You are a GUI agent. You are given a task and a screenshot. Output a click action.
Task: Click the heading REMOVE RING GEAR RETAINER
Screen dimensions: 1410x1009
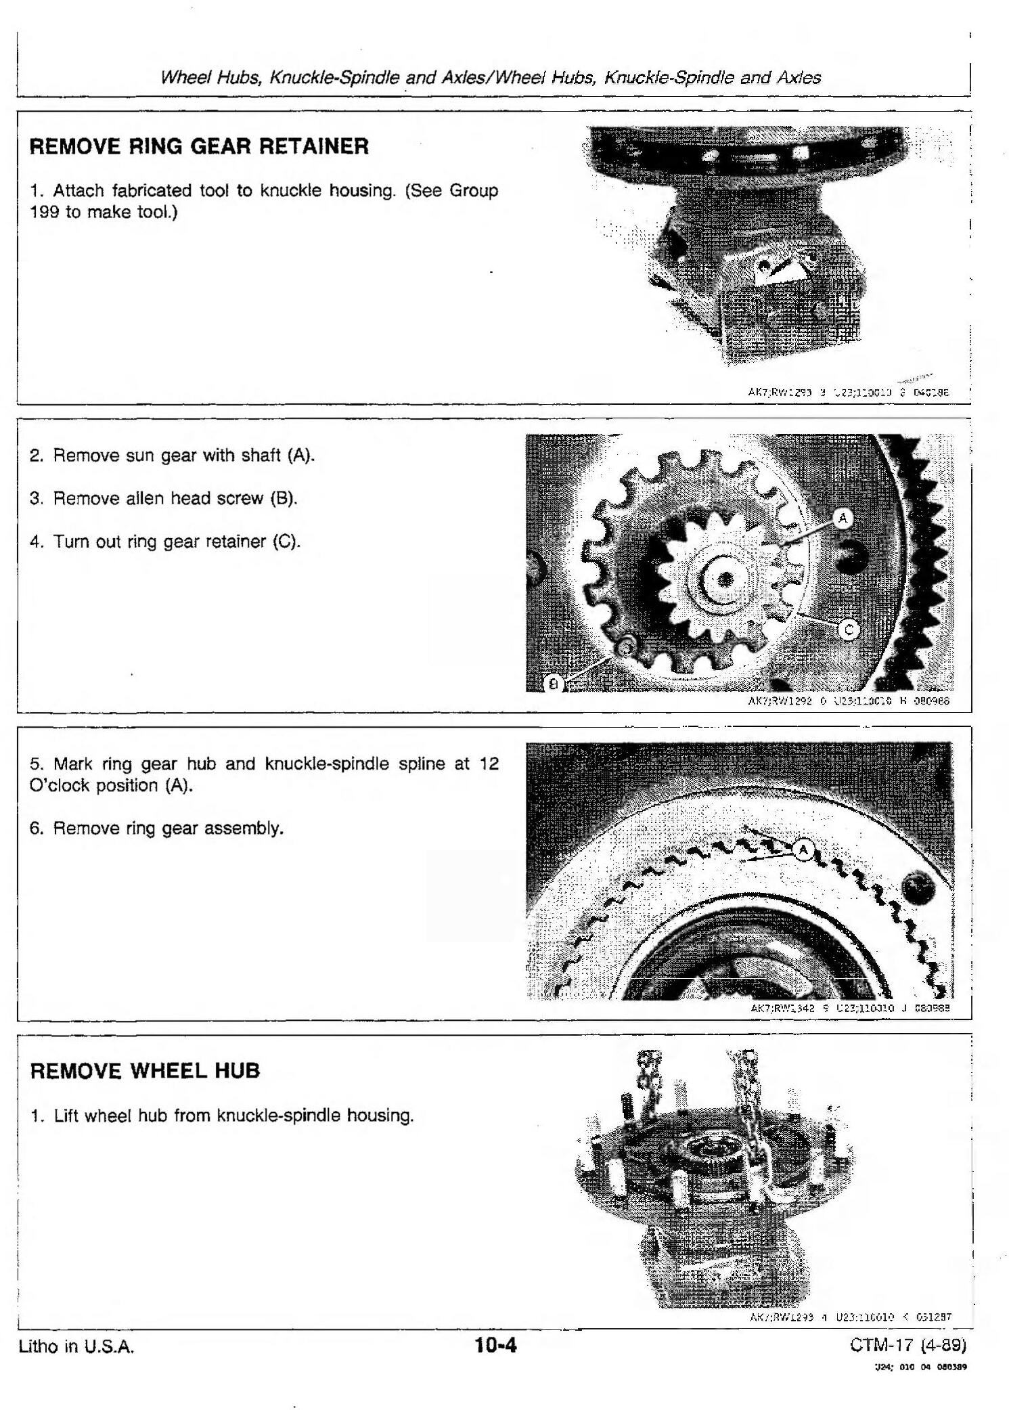click(199, 146)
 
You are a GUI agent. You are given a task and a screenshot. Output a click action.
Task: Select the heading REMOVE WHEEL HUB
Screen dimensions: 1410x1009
click(145, 1070)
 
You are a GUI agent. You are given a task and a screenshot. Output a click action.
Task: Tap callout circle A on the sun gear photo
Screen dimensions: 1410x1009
click(843, 519)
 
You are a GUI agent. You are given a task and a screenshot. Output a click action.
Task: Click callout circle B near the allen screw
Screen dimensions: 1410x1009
click(554, 684)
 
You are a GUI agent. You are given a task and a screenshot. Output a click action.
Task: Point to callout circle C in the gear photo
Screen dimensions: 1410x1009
click(849, 630)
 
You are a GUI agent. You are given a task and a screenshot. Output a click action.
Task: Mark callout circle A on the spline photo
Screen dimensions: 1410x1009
click(803, 850)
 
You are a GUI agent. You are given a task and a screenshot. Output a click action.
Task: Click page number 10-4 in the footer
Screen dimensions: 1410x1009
click(495, 1344)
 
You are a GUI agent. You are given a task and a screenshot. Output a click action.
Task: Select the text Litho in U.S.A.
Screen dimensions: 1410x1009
click(76, 1346)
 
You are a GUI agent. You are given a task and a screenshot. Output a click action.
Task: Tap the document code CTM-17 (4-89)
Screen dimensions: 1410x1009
click(908, 1344)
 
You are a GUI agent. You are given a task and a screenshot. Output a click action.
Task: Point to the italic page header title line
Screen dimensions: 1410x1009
click(491, 77)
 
